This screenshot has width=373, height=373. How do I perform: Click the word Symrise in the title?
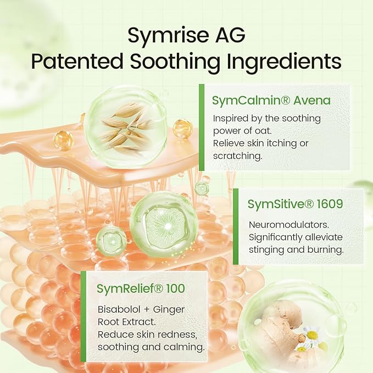tap(168, 36)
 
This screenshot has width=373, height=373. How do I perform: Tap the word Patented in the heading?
tap(77, 62)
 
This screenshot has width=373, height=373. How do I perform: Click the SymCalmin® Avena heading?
tap(271, 101)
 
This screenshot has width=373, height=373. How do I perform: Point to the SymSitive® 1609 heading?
tap(295, 204)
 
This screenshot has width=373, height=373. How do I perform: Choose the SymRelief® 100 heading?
tap(141, 288)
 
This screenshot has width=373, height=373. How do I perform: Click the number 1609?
tap(330, 204)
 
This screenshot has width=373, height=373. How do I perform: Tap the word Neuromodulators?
tap(289, 225)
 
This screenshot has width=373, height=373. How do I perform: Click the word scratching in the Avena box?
tap(237, 157)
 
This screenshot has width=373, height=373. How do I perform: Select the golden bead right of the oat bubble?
tap(182, 129)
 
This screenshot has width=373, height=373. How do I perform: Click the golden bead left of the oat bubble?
tap(63, 140)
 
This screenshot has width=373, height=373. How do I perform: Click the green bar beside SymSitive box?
tap(236, 226)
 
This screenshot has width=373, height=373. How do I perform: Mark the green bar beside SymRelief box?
tap(83, 316)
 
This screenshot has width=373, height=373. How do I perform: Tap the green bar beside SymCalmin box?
tap(202, 127)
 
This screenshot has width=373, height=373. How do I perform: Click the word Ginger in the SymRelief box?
tap(169, 310)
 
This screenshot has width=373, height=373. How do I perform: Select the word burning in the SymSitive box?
tap(325, 250)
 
